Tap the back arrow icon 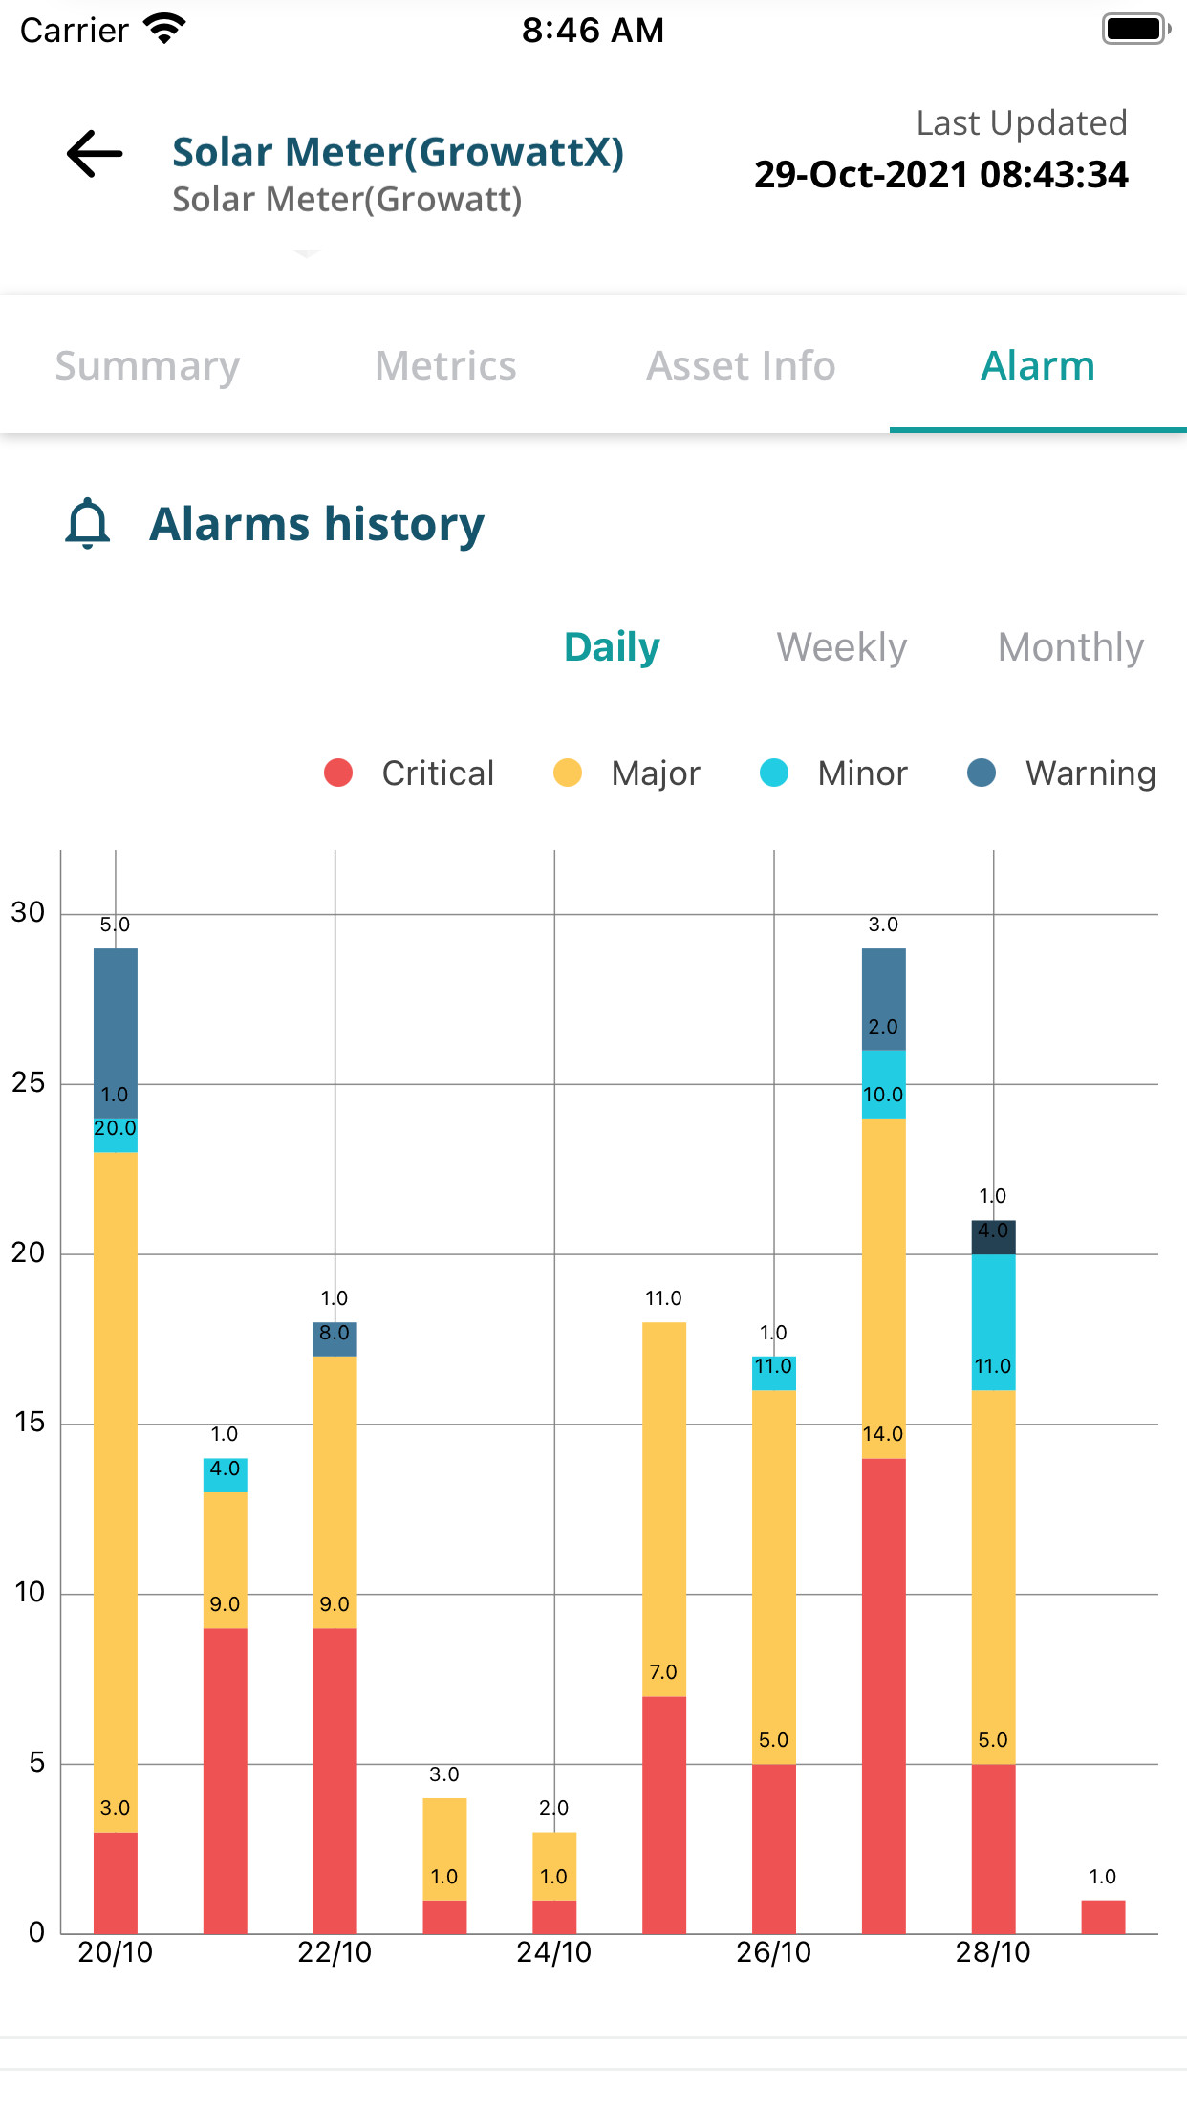(x=95, y=154)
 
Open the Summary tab (x=147, y=366)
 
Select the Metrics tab (x=445, y=366)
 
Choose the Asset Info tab (x=741, y=366)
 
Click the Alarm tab (x=1037, y=366)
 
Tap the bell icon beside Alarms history (x=88, y=524)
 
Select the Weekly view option (x=841, y=647)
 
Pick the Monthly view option (x=1070, y=647)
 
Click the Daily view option (x=612, y=647)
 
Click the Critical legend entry (x=411, y=773)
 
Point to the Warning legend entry (x=1061, y=773)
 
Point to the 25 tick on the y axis (x=28, y=1082)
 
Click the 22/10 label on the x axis (x=335, y=1952)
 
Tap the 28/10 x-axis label (x=993, y=1952)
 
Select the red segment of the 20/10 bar (x=115, y=1882)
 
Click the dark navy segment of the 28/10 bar (x=993, y=1237)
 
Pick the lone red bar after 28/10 (x=1103, y=1916)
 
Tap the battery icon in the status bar (x=1134, y=30)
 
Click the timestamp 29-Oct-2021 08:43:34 (x=940, y=175)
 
